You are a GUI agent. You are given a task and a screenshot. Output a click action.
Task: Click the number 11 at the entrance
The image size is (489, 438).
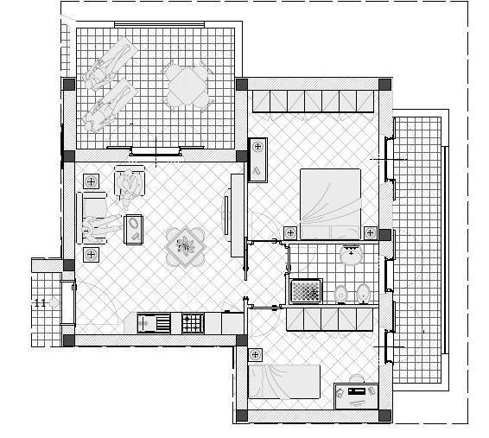click(40, 302)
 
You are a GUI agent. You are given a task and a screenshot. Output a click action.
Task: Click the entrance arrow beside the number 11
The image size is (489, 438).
click(54, 302)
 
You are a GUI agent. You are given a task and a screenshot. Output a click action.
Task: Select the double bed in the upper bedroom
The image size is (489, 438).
click(330, 204)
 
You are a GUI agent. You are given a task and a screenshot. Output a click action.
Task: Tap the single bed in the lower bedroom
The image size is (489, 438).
click(284, 382)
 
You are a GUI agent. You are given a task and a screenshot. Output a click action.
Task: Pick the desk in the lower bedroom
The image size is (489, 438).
click(356, 397)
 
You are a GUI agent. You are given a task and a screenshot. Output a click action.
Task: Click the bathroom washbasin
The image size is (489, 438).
click(351, 255)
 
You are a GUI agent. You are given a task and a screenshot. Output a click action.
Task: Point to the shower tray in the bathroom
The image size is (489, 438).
click(306, 291)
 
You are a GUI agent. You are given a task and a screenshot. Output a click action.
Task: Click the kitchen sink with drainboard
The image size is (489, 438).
click(154, 323)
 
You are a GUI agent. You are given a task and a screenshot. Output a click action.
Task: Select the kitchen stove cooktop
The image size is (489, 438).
click(193, 323)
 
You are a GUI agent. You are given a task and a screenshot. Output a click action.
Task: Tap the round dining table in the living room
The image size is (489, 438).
click(186, 247)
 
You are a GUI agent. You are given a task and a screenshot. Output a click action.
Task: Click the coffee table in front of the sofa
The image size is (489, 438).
click(133, 229)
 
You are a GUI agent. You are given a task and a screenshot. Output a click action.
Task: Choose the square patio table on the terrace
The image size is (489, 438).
click(187, 85)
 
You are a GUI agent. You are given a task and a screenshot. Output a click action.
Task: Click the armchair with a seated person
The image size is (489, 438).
click(130, 182)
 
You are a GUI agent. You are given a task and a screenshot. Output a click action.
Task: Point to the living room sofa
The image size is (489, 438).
click(92, 218)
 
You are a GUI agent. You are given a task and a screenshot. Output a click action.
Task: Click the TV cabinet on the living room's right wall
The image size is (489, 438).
click(237, 215)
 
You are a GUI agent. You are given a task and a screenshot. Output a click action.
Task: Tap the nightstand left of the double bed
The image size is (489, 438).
click(290, 233)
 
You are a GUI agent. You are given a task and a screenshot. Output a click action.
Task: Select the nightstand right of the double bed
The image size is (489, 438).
click(371, 233)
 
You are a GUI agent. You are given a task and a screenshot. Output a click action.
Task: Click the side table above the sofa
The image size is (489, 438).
click(91, 181)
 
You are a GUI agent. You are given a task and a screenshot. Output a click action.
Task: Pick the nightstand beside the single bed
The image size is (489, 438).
click(255, 354)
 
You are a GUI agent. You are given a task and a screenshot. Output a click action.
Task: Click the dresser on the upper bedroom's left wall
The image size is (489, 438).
click(257, 160)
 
